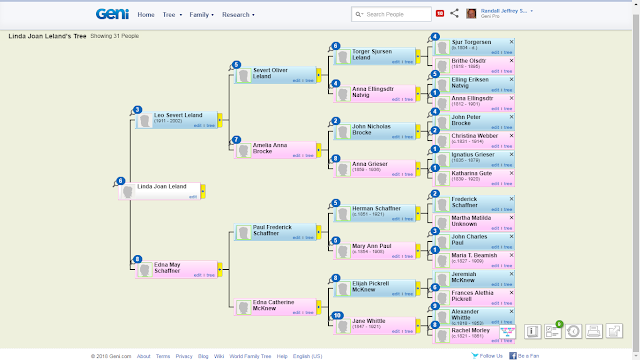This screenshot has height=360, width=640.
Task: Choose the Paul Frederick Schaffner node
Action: point(273,231)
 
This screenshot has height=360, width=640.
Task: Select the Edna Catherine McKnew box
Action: point(273,304)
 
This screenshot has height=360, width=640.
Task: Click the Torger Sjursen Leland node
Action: point(375,56)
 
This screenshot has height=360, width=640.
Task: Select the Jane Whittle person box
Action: point(375,323)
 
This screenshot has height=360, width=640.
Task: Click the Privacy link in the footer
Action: point(185,355)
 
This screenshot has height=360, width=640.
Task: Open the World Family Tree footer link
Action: point(253,355)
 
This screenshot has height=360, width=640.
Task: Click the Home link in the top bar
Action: point(146,15)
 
